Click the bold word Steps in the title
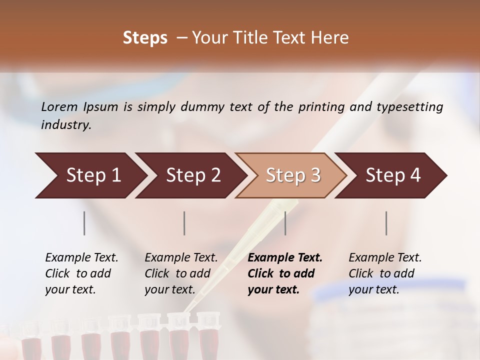(x=145, y=38)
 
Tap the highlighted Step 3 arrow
(x=293, y=175)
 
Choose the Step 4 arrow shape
(x=393, y=175)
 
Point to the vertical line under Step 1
(x=84, y=223)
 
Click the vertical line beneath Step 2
(x=184, y=223)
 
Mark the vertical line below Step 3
(x=285, y=223)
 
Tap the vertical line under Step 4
(x=386, y=223)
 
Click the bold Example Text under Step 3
(x=285, y=273)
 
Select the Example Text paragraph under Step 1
(x=81, y=273)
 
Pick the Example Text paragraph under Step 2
(x=181, y=273)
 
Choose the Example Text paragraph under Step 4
(x=385, y=273)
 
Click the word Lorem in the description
(x=59, y=107)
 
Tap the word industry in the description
(x=65, y=125)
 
